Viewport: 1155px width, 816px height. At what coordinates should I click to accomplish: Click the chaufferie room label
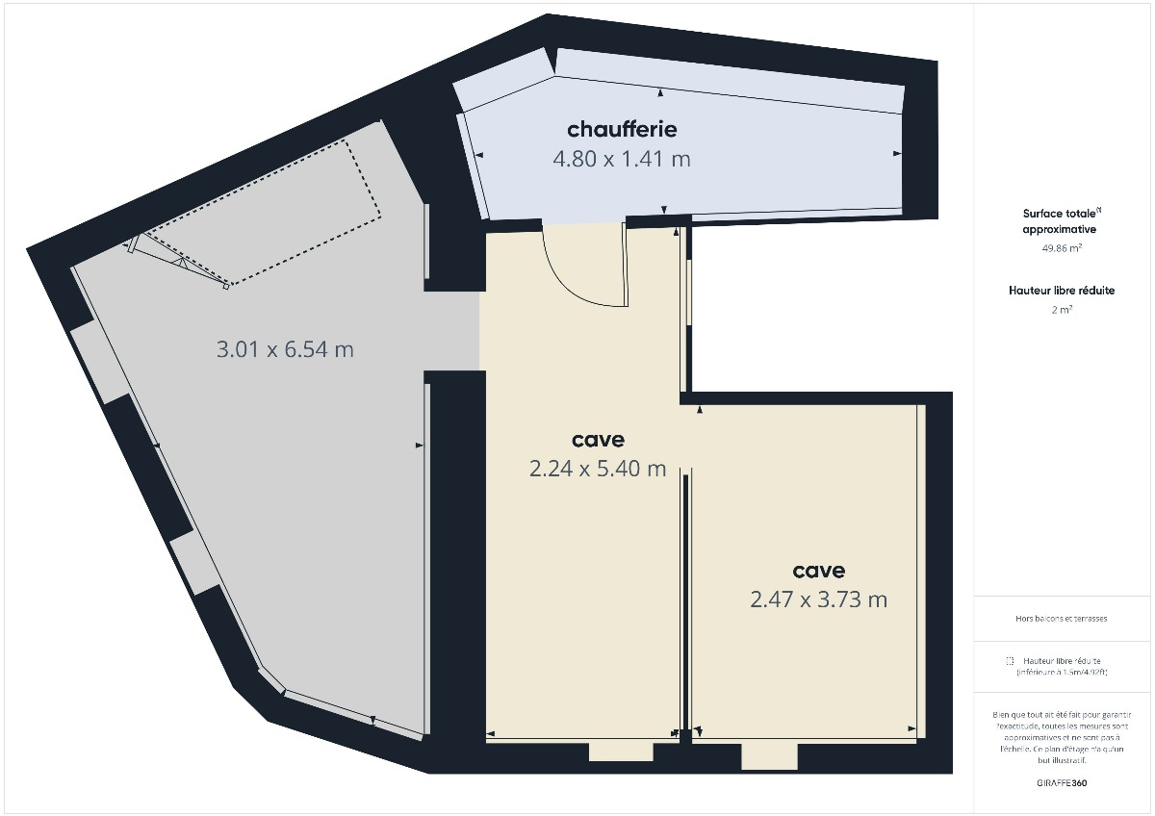pos(622,129)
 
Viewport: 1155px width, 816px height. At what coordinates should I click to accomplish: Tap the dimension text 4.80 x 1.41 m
pos(622,159)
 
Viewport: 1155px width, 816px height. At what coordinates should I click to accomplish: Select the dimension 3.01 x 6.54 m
pos(285,349)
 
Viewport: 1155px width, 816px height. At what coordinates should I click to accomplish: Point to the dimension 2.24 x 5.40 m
pos(598,469)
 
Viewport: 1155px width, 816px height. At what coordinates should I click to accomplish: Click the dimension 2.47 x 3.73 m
pos(818,599)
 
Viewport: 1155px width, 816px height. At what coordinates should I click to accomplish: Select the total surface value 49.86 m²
pos(1058,248)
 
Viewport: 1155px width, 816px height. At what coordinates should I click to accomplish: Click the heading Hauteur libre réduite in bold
pos(1062,290)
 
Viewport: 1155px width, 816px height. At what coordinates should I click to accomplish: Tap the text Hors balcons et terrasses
pos(1061,619)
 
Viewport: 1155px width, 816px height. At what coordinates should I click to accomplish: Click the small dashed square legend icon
pos(1010,661)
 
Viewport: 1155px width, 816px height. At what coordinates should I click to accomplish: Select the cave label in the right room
pos(818,571)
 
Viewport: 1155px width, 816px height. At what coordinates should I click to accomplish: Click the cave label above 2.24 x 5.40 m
pos(598,440)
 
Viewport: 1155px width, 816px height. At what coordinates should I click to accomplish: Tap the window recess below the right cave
pos(769,756)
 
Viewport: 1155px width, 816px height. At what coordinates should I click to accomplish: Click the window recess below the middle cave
pos(620,752)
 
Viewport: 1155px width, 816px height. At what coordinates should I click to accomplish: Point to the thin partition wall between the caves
pos(685,597)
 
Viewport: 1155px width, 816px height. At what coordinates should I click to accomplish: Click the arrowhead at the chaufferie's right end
pos(897,153)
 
